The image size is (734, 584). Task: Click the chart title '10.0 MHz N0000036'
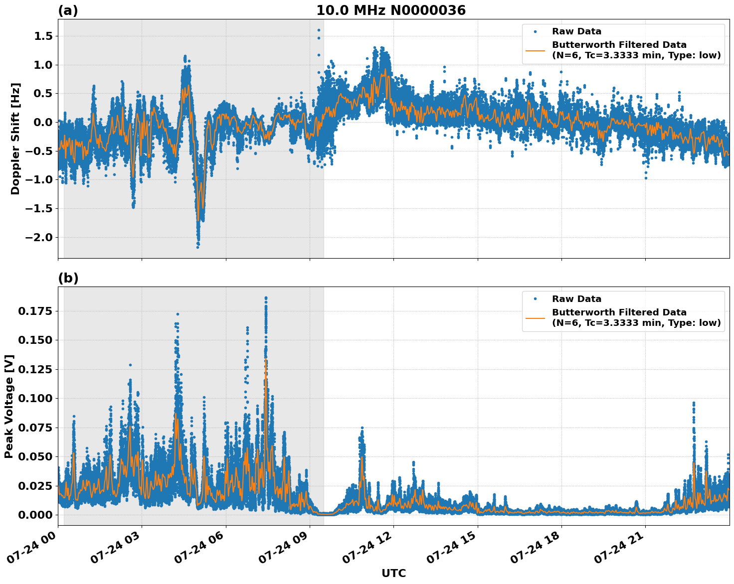pyautogui.click(x=390, y=10)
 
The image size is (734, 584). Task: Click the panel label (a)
pyautogui.click(x=68, y=10)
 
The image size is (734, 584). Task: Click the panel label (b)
pyautogui.click(x=68, y=278)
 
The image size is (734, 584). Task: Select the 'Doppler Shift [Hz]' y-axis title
pyautogui.click(x=15, y=139)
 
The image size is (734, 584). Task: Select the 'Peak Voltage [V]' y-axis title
pyautogui.click(x=9, y=406)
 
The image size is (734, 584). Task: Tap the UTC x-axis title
pyautogui.click(x=393, y=573)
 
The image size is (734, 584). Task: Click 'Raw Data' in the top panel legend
pyautogui.click(x=576, y=31)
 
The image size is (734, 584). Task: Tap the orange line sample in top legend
pyautogui.click(x=535, y=50)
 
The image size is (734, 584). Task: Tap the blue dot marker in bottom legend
pyautogui.click(x=535, y=299)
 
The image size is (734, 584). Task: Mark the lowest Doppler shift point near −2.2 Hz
pyautogui.click(x=197, y=247)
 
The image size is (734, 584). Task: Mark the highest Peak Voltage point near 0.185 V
pyautogui.click(x=266, y=298)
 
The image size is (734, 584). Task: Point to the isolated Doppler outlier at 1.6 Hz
pyautogui.click(x=319, y=30)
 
